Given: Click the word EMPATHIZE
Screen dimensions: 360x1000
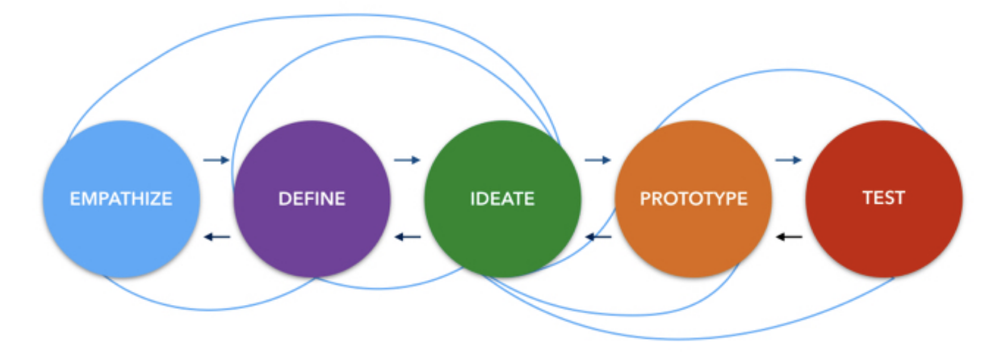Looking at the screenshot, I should (x=121, y=199).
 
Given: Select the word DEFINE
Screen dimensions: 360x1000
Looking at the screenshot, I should (x=311, y=199).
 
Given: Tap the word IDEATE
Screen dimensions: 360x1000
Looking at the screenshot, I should (x=502, y=199).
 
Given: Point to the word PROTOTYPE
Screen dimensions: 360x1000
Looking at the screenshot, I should (x=693, y=199).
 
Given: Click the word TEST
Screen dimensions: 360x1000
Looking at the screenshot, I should (x=883, y=197).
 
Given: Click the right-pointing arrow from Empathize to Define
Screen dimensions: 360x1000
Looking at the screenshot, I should (x=216, y=160).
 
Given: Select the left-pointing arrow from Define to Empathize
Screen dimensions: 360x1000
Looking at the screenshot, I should (x=217, y=237).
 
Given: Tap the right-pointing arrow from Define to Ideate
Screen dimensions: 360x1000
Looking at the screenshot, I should (x=407, y=160).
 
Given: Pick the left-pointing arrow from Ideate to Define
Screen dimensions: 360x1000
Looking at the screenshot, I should (x=407, y=237).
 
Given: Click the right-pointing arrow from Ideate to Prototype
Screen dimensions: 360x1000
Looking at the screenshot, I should (x=597, y=160).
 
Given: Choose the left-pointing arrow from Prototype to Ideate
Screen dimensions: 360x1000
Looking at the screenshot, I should (x=598, y=237).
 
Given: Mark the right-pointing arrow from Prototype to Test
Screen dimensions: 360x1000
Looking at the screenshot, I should (x=788, y=160).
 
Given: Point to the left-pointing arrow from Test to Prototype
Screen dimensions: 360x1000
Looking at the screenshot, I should (x=789, y=237).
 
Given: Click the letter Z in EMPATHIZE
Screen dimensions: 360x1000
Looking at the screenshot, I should (x=153, y=199).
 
